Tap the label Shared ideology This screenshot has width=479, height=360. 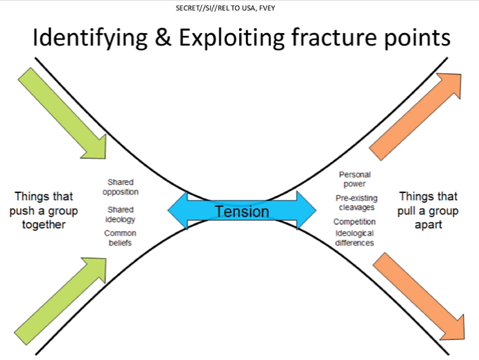(120, 214)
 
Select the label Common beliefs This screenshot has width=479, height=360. (120, 238)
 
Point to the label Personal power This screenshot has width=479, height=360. (354, 179)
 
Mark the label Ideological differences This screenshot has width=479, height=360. (354, 238)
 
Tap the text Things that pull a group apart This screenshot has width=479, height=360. (427, 210)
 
